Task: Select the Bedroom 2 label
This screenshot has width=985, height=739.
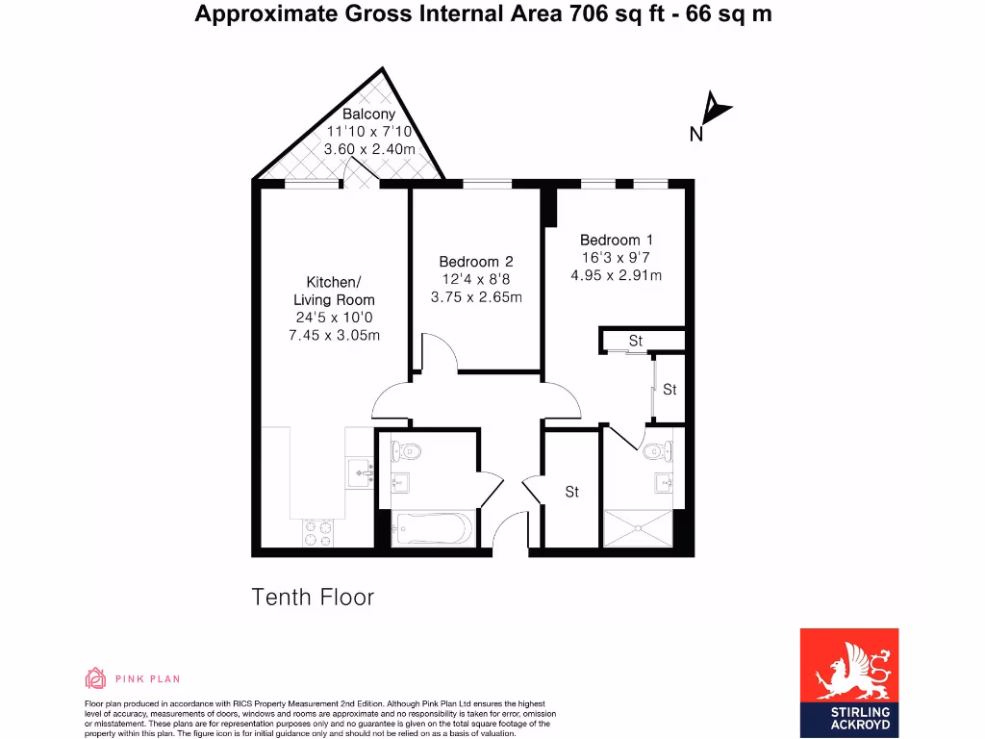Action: click(475, 262)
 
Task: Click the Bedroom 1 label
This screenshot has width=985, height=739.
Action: click(617, 240)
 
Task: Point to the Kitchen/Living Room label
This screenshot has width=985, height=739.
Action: click(333, 291)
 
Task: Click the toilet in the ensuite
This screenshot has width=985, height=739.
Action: click(658, 449)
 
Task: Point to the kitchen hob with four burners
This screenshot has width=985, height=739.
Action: click(318, 532)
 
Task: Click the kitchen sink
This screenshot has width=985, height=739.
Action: click(360, 472)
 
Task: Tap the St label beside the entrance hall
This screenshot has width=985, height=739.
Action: click(571, 492)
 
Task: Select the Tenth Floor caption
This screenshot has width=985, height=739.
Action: click(313, 597)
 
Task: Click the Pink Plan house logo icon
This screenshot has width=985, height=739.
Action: click(95, 678)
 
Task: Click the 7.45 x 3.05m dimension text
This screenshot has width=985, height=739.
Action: click(334, 335)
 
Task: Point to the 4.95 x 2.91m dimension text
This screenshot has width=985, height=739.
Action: click(617, 275)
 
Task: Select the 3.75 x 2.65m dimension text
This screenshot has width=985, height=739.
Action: click(475, 296)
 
